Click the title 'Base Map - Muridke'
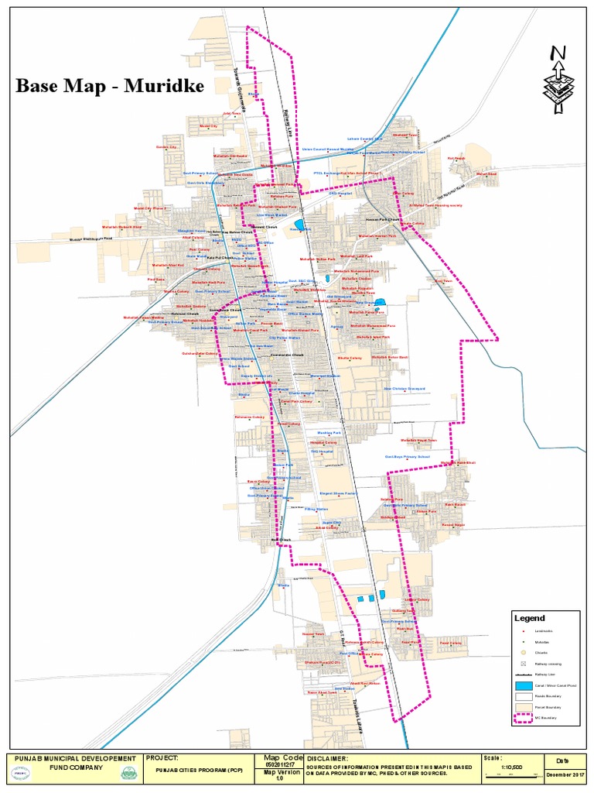[110, 86]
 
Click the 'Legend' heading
[530, 618]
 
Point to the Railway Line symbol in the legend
[525, 675]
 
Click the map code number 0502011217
[280, 765]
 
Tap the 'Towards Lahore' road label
[357, 700]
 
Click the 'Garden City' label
[166, 146]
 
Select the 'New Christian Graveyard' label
[405, 390]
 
